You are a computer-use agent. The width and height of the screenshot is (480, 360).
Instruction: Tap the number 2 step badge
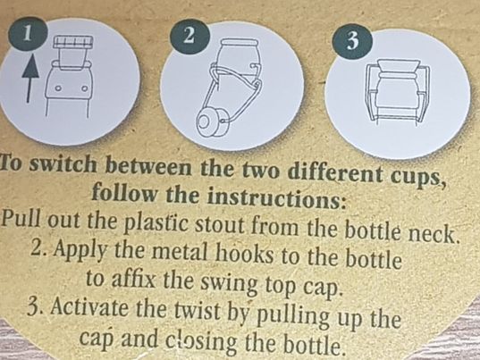coord(189,36)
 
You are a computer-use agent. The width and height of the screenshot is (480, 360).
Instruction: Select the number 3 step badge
coord(353,41)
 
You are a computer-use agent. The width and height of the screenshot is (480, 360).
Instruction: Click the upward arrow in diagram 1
coord(30,79)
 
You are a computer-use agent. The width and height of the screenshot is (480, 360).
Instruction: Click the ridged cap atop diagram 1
coord(72,42)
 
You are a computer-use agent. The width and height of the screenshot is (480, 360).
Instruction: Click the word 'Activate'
coord(89,306)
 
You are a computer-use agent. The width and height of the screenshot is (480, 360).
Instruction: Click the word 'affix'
coord(135,279)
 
